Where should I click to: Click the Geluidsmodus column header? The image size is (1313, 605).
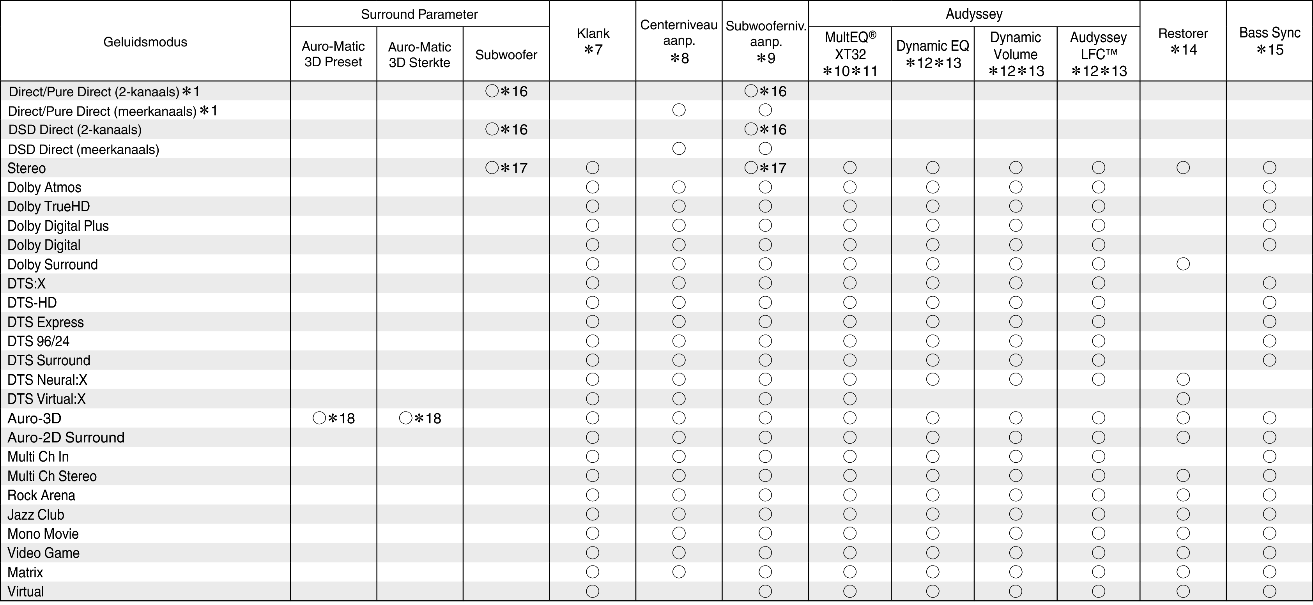pos(145,42)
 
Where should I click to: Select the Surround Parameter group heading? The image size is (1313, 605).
pos(419,14)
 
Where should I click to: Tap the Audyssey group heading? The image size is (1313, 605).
pos(973,14)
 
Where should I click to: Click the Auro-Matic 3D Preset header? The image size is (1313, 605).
pos(333,54)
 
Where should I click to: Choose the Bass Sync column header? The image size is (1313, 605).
pos(1269,41)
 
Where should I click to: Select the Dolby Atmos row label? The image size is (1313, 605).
pos(44,188)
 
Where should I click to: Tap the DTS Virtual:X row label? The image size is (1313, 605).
pos(46,399)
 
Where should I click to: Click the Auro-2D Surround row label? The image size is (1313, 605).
pos(66,438)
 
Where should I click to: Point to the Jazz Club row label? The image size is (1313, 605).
pos(36,515)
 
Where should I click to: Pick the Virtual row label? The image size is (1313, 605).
pos(25,592)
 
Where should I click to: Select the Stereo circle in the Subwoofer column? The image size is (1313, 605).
pos(492,168)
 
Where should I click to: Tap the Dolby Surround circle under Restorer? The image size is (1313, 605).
pos(1183,264)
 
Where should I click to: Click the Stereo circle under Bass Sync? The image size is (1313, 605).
pos(1269,168)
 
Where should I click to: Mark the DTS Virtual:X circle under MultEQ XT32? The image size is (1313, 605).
pos(850,398)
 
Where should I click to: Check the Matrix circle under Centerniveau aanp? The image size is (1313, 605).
pos(679,572)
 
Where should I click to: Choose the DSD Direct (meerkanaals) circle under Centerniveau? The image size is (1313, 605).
pos(679,149)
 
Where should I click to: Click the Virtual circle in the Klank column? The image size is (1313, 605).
pos(592,591)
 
